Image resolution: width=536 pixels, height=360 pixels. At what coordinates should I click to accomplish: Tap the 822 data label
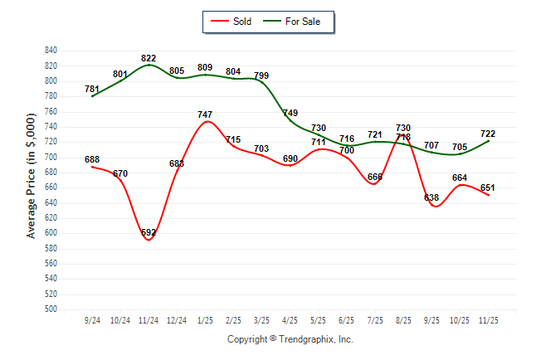coord(149,58)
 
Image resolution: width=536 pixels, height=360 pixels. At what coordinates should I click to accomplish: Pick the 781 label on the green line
coord(92,89)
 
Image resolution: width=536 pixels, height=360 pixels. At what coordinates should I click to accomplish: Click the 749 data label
coord(290,113)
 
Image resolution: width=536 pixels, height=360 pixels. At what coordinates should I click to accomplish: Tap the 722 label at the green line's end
coord(488,134)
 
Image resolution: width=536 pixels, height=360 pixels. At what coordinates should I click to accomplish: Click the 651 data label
coord(488,187)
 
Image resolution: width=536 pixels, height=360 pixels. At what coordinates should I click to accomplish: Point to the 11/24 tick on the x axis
coord(149,319)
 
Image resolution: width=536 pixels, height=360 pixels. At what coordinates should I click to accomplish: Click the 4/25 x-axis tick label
coord(290,319)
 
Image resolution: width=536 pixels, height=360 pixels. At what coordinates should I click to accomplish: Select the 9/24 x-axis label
coord(93,319)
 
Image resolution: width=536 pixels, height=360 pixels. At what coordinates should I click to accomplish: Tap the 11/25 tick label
coord(488,319)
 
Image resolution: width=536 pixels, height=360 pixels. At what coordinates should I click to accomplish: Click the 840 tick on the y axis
coord(51,50)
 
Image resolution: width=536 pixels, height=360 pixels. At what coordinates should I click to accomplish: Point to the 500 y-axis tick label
coord(51,309)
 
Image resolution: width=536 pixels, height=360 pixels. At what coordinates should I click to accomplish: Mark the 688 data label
coord(92,159)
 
